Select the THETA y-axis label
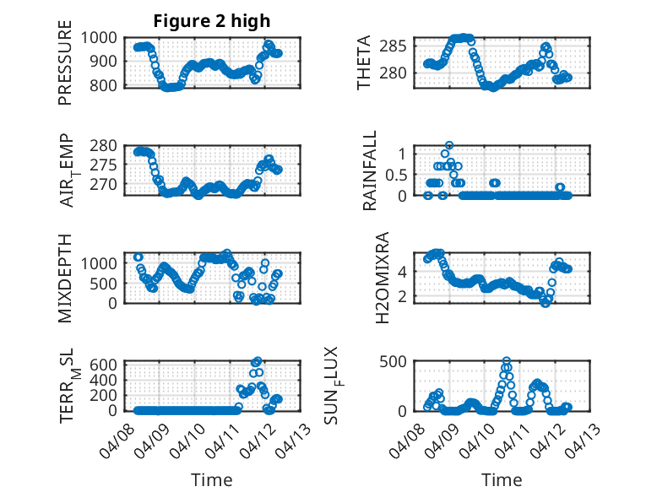point(364,62)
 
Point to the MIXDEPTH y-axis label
point(65,278)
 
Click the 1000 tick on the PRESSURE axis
point(106,37)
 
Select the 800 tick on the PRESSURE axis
point(110,85)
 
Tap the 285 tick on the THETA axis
point(399,46)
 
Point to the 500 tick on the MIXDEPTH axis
point(110,283)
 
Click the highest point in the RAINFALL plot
point(449,145)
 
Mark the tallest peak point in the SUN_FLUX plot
point(507,361)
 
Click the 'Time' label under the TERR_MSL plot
point(212,480)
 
